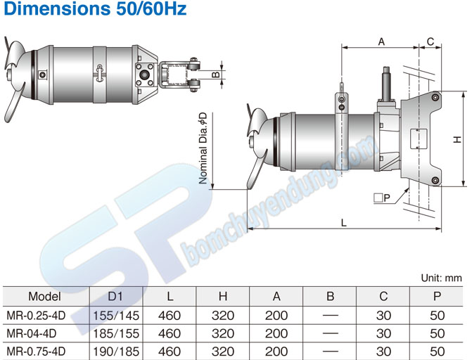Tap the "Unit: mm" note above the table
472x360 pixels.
click(442, 278)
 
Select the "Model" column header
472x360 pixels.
click(44, 297)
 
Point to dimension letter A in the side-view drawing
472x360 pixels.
click(381, 41)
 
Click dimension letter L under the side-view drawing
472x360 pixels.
click(343, 222)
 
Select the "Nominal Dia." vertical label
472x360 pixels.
click(203, 150)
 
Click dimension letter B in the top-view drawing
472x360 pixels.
click(217, 73)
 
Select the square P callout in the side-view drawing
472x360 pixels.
click(382, 199)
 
